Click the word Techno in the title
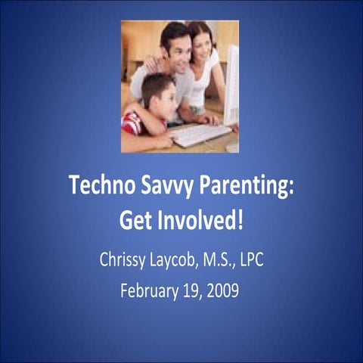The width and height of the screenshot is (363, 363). click(x=98, y=185)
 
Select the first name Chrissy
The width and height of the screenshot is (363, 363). click(x=124, y=260)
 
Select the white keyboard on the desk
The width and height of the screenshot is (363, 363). click(x=198, y=135)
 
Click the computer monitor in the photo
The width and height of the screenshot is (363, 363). click(x=231, y=83)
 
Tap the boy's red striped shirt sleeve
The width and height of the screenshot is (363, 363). click(x=132, y=123)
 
